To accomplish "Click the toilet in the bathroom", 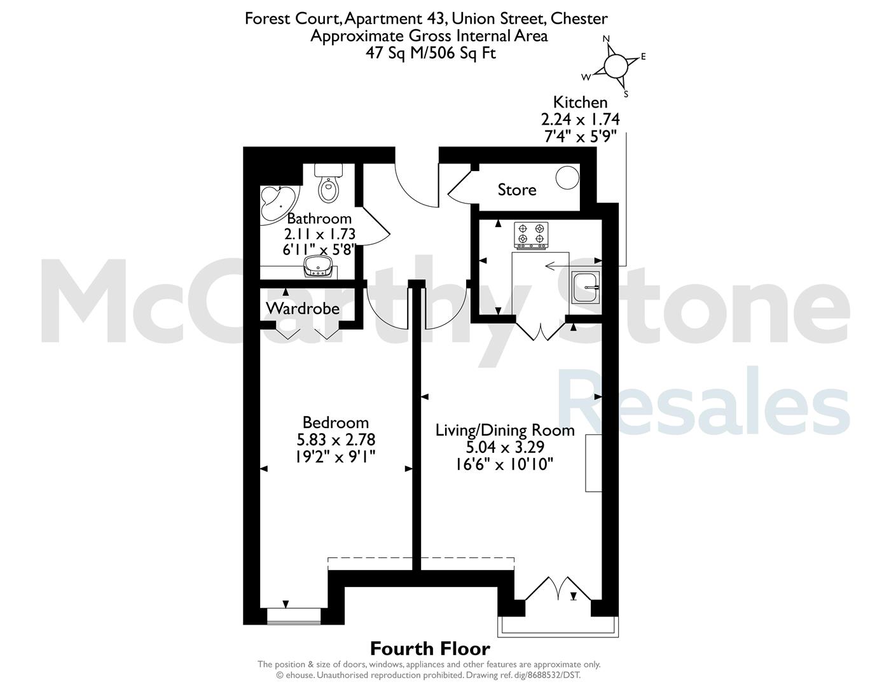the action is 327,183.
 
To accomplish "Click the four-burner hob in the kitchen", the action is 531,235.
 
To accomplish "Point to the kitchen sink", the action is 586,288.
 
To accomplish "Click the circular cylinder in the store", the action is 567,177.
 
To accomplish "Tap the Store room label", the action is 517,190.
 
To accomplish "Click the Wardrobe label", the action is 303,309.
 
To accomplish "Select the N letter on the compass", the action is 606,39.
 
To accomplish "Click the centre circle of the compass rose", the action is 616,66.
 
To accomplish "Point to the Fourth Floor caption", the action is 430,649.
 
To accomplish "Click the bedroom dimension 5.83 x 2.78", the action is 336,440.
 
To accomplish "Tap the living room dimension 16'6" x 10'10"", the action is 505,464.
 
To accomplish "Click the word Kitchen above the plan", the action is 580,102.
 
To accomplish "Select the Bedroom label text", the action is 336,422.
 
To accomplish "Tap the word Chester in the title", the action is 579,18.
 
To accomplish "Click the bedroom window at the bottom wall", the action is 294,616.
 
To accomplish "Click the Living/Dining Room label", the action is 505,430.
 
